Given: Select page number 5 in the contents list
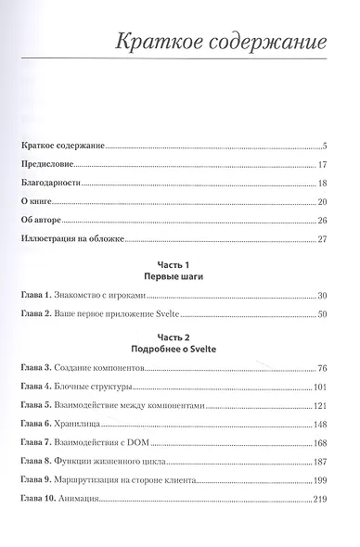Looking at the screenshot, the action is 326,146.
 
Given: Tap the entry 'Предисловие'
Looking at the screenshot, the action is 47,164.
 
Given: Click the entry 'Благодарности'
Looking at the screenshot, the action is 52,183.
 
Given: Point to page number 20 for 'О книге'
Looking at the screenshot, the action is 323,201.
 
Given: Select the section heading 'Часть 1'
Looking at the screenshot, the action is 175,263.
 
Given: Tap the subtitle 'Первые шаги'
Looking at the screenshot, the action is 175,276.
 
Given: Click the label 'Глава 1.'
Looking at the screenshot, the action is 37,295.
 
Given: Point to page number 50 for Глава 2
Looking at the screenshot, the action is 323,314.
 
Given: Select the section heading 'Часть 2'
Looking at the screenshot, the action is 175,337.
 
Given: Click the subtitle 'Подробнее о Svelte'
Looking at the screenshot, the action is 175,350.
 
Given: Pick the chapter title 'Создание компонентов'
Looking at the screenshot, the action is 108,369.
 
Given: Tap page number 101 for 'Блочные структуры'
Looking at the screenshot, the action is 321,388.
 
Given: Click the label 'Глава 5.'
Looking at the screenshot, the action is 37,406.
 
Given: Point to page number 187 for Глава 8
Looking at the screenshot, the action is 321,462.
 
